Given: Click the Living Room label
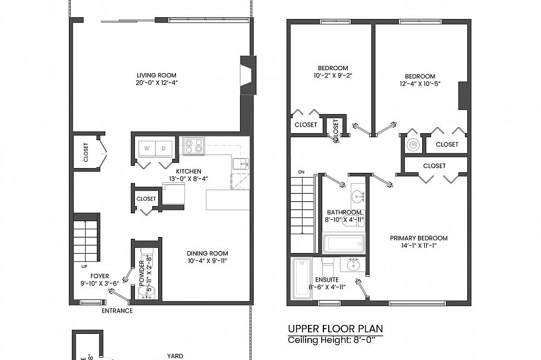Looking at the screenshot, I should (x=157, y=75).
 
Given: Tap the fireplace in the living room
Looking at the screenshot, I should (x=247, y=75).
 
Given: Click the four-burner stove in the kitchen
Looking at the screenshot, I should (x=193, y=146).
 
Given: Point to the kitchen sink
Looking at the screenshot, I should (x=240, y=164).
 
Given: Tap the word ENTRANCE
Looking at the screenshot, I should (x=117, y=311).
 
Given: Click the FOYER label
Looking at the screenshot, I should (x=99, y=276).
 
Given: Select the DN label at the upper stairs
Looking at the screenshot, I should (x=301, y=173).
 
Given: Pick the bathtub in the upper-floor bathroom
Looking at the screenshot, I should (x=343, y=244).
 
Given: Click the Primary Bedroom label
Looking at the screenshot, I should (x=419, y=238).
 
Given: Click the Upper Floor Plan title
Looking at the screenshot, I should (x=335, y=329).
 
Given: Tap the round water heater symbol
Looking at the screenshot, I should (x=412, y=144).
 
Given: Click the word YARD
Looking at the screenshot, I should (x=175, y=356).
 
